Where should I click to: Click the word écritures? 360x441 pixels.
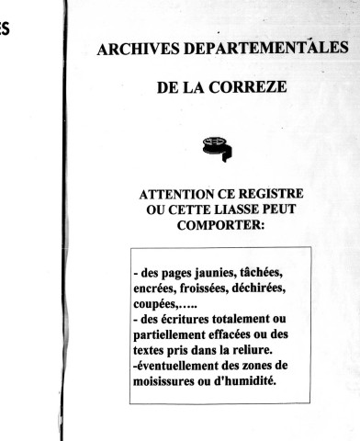pos(193,321)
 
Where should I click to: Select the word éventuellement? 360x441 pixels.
pos(187,367)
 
